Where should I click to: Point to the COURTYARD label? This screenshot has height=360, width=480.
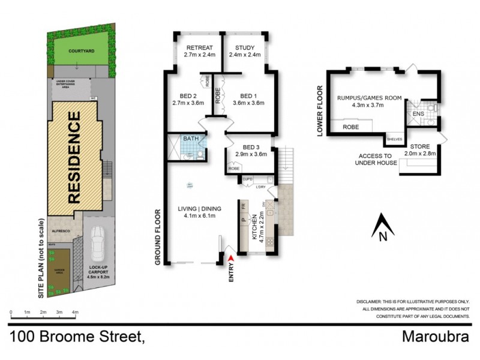(80, 52)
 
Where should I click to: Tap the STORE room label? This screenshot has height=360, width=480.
(420, 147)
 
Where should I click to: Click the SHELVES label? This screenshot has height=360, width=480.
(395, 139)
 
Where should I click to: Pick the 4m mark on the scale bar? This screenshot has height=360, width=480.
(76, 313)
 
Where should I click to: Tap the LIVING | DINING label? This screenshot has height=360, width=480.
(200, 208)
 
